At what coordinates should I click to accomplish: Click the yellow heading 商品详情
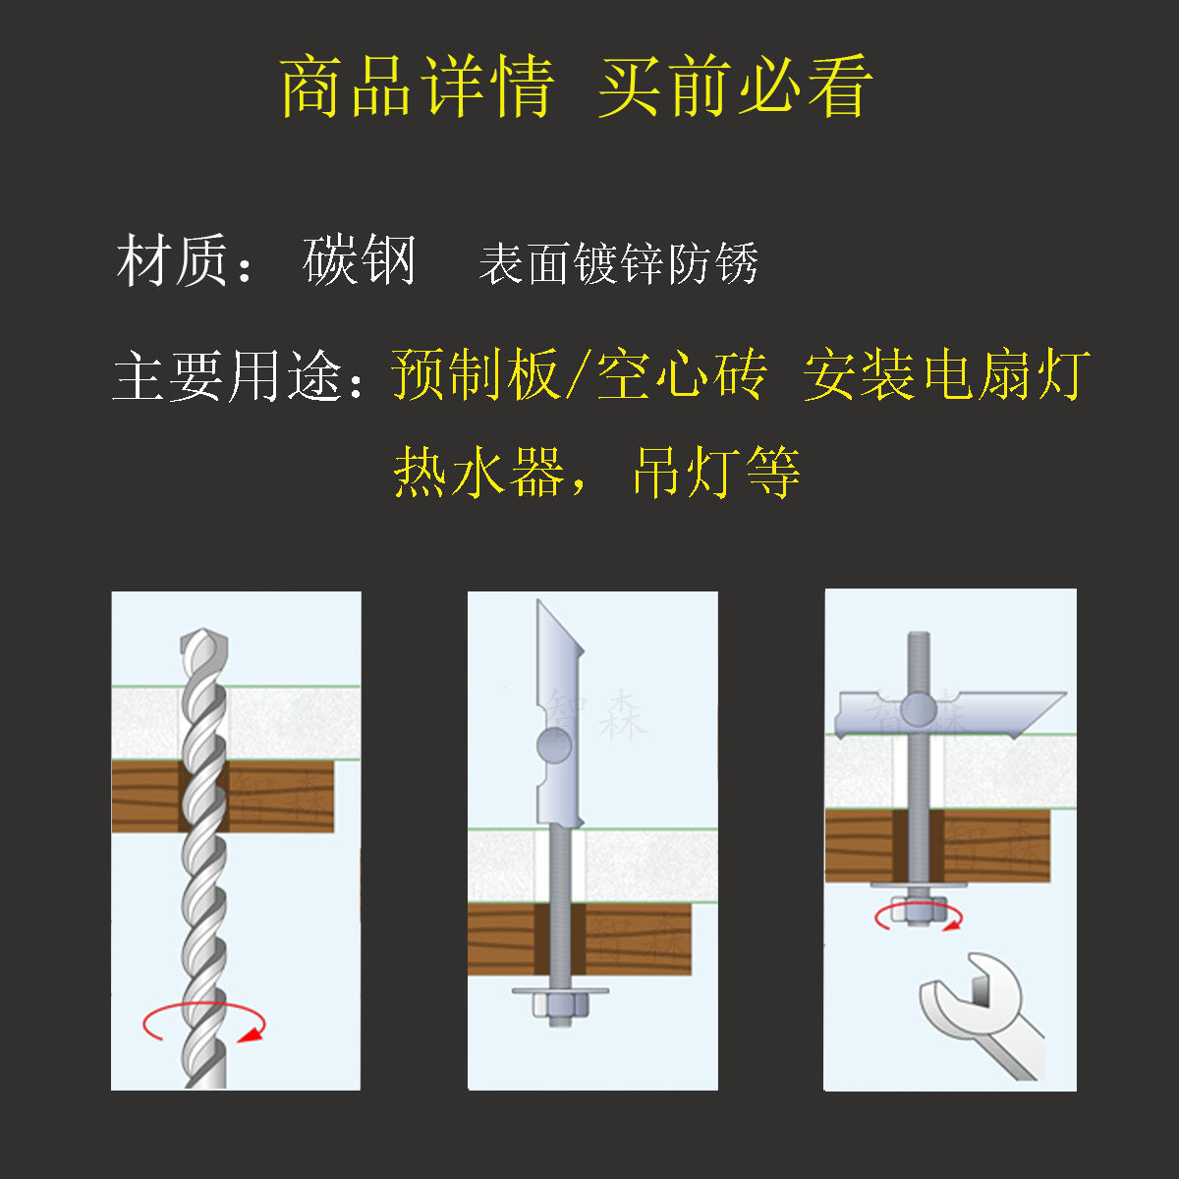[x=418, y=86]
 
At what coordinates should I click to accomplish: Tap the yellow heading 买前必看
[x=736, y=86]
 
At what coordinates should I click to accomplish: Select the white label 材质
[x=173, y=260]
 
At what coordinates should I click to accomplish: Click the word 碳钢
[x=360, y=260]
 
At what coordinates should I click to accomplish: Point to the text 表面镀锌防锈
[x=619, y=263]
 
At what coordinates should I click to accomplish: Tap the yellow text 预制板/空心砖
[x=579, y=373]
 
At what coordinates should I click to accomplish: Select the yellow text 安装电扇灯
[x=947, y=373]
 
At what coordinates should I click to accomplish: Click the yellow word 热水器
[x=478, y=472]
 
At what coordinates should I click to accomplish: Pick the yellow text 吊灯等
[x=717, y=472]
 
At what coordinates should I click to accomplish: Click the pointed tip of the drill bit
[x=203, y=630]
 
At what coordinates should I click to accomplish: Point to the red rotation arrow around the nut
[x=919, y=927]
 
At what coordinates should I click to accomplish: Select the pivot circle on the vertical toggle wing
[x=554, y=745]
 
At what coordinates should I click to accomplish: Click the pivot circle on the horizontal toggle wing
[x=919, y=709]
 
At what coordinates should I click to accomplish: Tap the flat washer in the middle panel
[x=560, y=990]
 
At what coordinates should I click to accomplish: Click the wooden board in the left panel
[x=223, y=796]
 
